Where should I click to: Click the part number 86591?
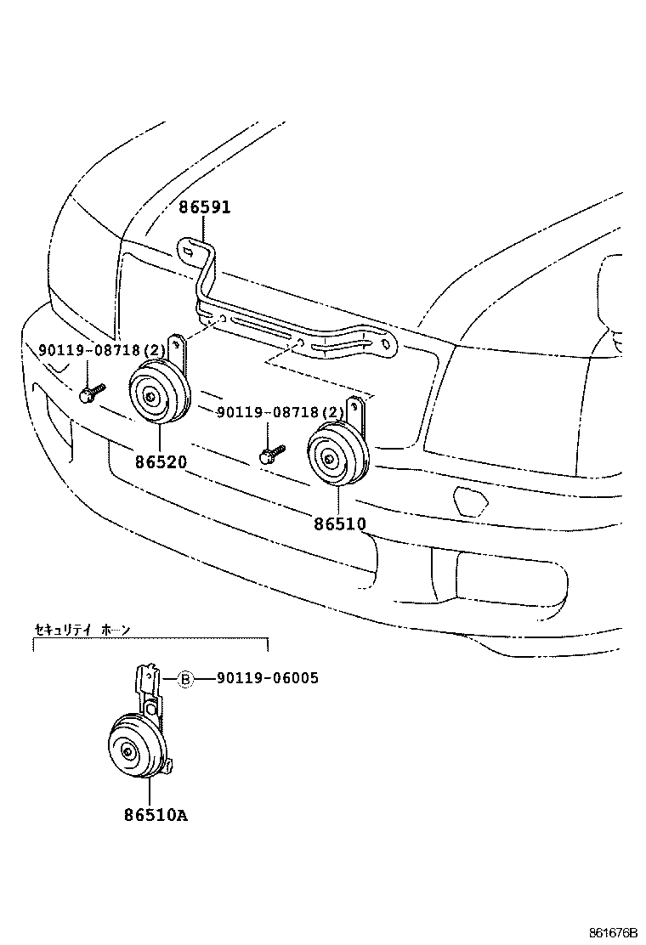pos(204,207)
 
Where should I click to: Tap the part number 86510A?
pos(156,816)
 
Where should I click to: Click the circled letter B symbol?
pos(185,678)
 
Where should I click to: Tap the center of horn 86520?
pos(150,395)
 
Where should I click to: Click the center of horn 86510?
pos(330,459)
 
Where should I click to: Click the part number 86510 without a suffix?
pos(340,524)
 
